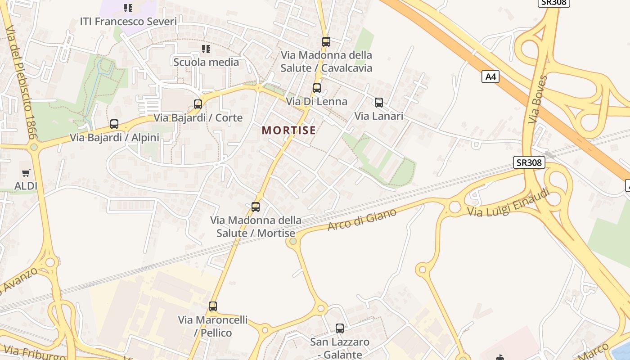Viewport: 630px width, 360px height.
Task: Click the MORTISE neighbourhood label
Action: click(288, 130)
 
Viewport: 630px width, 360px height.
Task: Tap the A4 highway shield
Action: click(490, 77)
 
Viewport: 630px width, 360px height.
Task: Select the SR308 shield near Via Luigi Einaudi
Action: click(529, 162)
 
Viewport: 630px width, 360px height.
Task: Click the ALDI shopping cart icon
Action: click(26, 173)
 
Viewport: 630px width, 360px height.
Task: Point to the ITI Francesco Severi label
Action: click(128, 22)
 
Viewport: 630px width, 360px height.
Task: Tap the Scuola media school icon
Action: click(206, 49)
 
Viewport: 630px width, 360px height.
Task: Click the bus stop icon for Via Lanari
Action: click(379, 103)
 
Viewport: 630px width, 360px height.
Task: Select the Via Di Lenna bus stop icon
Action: click(317, 88)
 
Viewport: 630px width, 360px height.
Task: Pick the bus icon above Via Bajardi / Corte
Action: click(198, 104)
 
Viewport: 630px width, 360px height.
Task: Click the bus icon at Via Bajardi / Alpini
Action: click(114, 124)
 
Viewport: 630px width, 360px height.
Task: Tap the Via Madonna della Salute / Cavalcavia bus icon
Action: click(326, 42)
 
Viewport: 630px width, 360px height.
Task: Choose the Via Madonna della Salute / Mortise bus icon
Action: click(256, 207)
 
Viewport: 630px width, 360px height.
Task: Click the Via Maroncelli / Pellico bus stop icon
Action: click(213, 306)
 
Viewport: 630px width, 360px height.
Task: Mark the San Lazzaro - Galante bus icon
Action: click(340, 328)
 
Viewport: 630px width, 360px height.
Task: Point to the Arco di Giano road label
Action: click(362, 219)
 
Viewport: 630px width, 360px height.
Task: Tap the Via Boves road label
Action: click(538, 99)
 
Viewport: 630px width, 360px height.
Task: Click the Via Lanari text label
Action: click(378, 116)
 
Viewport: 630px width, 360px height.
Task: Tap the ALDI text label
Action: click(26, 186)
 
